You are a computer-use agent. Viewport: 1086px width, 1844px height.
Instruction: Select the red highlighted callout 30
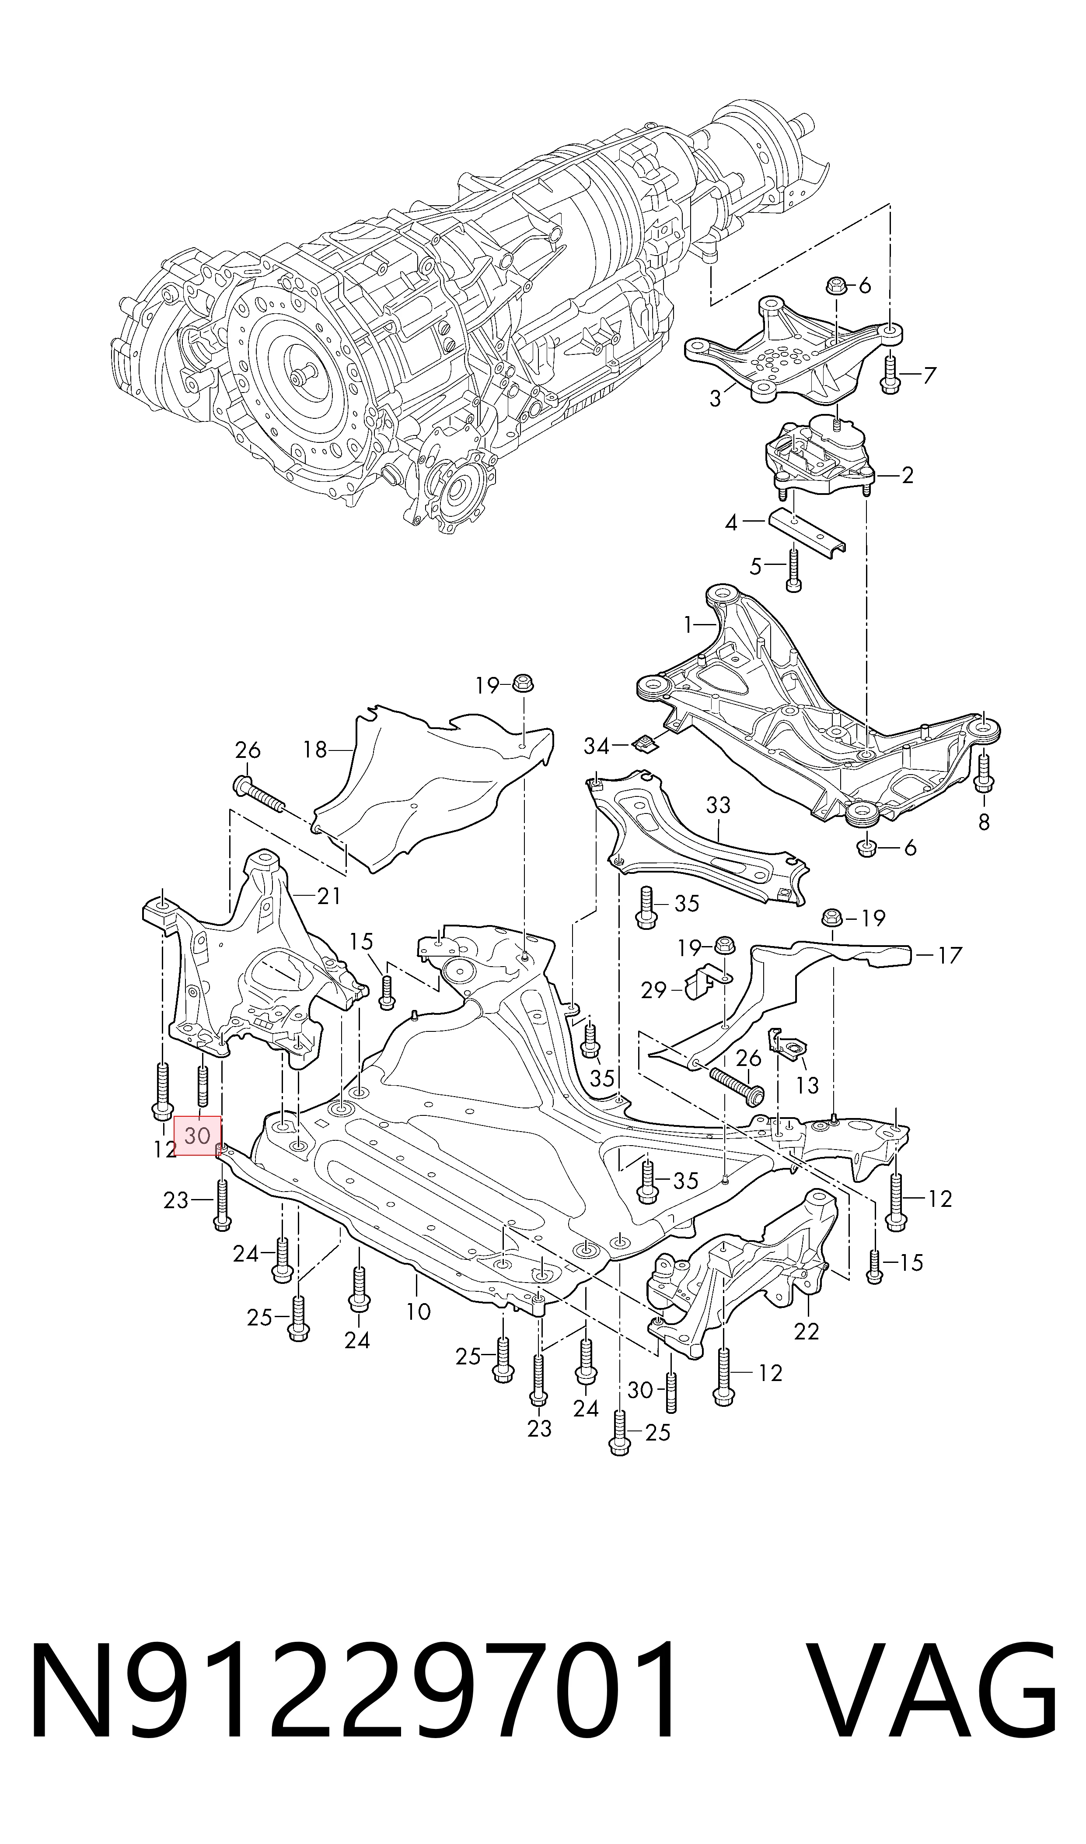click(197, 1136)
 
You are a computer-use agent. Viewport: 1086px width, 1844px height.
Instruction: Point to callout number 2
click(908, 475)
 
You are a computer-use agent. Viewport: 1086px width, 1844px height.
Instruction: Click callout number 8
click(984, 822)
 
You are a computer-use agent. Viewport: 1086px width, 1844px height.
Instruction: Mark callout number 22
click(807, 1330)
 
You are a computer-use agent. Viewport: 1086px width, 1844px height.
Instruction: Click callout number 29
click(653, 990)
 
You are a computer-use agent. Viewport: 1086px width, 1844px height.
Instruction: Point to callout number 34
click(597, 746)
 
